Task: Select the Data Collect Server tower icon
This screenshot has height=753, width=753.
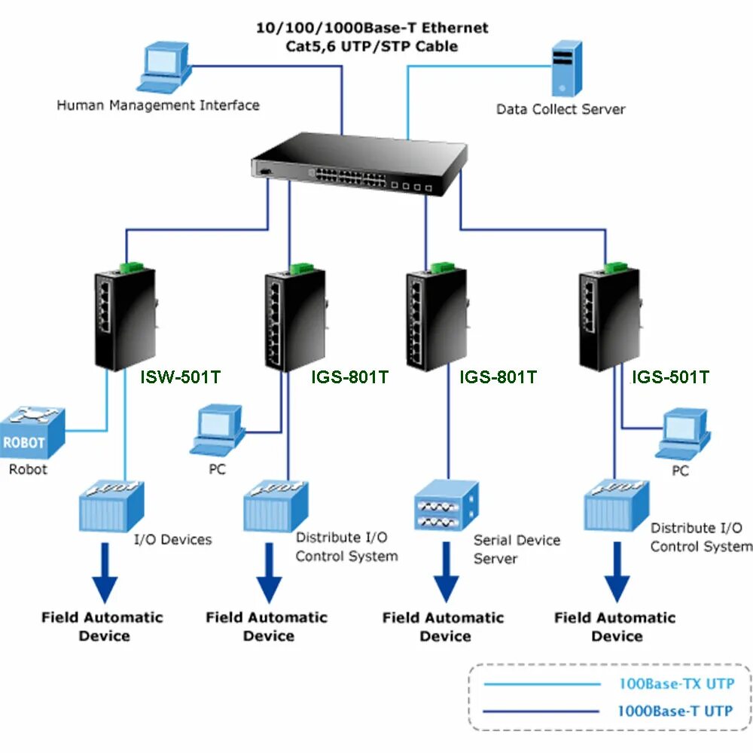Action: coord(566,69)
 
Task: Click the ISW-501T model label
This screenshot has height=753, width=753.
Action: coord(180,376)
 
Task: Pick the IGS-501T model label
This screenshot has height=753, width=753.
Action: coord(669,376)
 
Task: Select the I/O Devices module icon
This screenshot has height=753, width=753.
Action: coord(112,504)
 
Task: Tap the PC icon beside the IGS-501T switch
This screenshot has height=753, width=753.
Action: coord(682,434)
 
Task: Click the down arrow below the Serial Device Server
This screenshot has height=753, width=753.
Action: coord(446,572)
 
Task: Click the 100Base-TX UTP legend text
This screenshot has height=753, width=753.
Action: coord(675,684)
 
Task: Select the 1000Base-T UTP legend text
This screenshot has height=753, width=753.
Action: coord(675,710)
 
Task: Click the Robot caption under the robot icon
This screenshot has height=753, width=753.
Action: coord(28,470)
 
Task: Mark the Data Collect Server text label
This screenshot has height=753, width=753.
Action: coord(560,109)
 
